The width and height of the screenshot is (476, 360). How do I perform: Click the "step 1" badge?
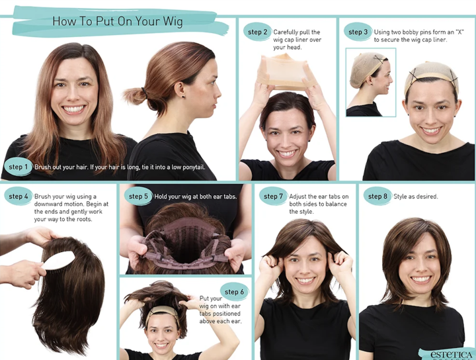click(18, 167)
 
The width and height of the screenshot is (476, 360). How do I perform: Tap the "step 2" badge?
click(257, 32)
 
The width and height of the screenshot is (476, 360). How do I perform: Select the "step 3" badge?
click(358, 32)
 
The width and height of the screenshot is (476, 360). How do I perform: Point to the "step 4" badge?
click(19, 197)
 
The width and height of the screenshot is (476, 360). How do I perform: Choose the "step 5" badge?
click(138, 197)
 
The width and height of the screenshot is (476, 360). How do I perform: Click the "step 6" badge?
click(234, 292)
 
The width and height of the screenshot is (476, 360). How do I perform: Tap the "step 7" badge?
click(273, 197)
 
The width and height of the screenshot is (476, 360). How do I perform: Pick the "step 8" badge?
click(377, 197)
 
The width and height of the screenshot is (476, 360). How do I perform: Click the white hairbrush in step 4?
click(58, 261)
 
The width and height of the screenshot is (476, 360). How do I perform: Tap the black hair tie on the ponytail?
click(144, 93)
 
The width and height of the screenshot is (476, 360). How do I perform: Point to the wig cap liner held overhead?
click(284, 71)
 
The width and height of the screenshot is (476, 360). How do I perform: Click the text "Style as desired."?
click(416, 197)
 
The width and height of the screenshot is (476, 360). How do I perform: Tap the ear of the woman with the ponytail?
click(178, 90)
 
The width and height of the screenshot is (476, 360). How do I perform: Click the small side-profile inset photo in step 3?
click(371, 82)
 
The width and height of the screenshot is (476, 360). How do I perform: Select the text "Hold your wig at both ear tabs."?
click(195, 197)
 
